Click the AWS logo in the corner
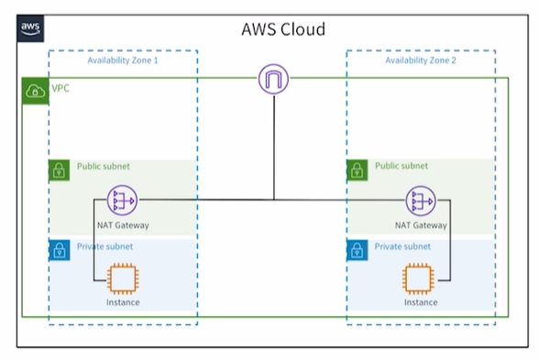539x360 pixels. (30, 28)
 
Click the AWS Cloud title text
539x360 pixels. (283, 29)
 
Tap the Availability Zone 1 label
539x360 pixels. (123, 60)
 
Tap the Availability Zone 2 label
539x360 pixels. (421, 60)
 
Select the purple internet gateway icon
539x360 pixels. (273, 79)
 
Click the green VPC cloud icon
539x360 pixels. (35, 92)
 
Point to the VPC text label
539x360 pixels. (60, 88)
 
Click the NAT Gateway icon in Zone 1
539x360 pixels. (123, 201)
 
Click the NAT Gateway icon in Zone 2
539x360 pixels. (421, 201)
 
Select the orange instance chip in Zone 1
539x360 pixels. (123, 278)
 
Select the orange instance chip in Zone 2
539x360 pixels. (418, 278)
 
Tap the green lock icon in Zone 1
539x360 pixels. (59, 170)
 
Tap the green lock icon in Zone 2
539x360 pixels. (357, 170)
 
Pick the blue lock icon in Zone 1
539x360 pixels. (60, 250)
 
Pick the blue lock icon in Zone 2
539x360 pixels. (357, 250)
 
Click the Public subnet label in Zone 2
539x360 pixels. (401, 166)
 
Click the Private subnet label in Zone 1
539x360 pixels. (104, 246)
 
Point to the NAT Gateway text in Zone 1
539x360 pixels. (123, 225)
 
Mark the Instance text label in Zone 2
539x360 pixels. (421, 302)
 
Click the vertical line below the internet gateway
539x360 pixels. (274, 147)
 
